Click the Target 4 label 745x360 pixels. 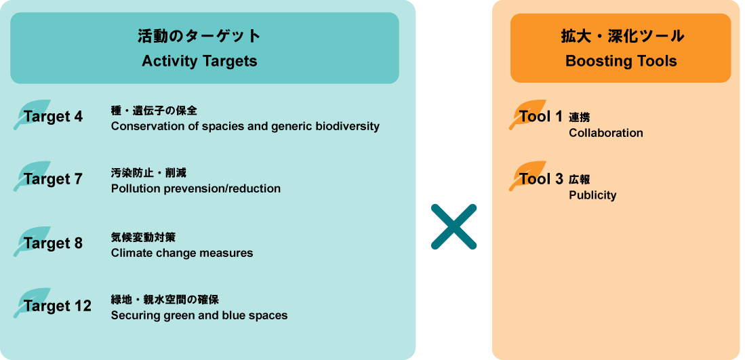tap(54, 117)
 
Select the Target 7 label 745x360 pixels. tap(54, 179)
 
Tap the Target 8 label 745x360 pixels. tap(54, 243)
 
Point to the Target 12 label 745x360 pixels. tap(58, 306)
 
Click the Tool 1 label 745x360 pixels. tap(541, 117)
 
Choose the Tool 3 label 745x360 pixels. tap(541, 179)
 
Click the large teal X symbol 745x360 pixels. tap(454, 226)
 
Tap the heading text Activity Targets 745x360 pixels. tap(199, 61)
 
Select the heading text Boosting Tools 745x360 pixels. tap(621, 61)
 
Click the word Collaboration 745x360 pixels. tap(606, 133)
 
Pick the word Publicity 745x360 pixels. tap(592, 195)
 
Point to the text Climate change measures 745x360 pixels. tap(182, 253)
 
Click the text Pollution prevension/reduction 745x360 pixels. tap(195, 188)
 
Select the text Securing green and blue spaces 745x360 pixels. tap(199, 315)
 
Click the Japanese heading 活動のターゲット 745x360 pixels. tap(199, 36)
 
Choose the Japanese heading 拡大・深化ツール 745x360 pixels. tap(621, 36)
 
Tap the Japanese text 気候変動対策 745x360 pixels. tap(143, 237)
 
